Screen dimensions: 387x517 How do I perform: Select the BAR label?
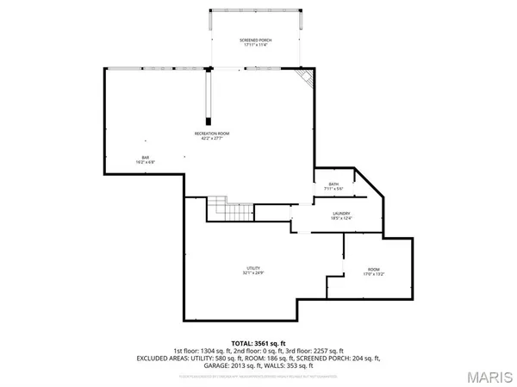[x=146, y=156]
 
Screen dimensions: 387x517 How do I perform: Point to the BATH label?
[x=333, y=183]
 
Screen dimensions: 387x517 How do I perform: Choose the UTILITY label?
[x=252, y=268]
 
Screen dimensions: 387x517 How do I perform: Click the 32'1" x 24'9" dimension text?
[x=252, y=273]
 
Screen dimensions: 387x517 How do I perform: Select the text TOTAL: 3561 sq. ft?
[x=258, y=344]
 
